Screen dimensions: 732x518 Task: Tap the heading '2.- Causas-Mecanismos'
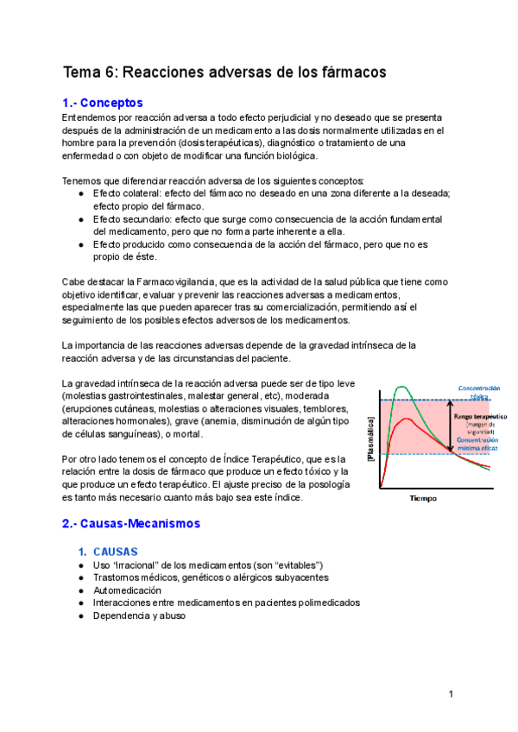click(130, 523)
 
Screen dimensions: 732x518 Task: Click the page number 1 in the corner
click(451, 694)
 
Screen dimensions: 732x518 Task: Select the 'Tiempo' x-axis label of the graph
click(423, 499)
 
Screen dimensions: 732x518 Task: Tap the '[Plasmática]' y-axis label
click(371, 439)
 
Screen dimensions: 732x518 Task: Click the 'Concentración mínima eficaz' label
click(478, 444)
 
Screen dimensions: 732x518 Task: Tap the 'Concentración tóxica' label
click(478, 393)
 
